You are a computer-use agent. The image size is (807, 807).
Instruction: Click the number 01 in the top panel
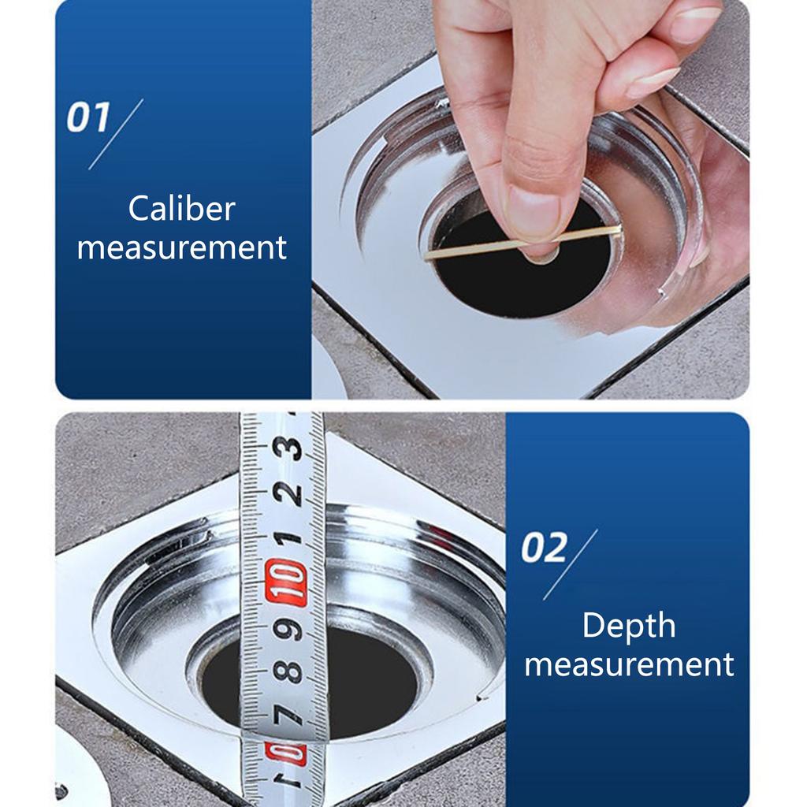pos(87,119)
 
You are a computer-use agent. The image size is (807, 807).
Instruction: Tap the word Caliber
pos(182,209)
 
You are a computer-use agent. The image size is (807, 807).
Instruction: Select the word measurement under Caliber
pos(182,247)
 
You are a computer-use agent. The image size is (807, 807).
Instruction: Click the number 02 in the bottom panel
pos(544,549)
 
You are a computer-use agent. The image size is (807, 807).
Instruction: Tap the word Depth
pos(628,626)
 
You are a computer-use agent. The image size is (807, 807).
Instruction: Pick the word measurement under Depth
pos(628,664)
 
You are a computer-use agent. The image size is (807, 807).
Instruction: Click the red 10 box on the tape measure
pos(286,583)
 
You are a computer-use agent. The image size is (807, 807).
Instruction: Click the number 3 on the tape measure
pos(287,448)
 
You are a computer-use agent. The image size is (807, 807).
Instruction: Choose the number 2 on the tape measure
pos(288,494)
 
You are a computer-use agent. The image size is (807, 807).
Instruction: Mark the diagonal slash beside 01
pos(115,134)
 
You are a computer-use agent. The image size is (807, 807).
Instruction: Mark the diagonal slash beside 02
pos(570,564)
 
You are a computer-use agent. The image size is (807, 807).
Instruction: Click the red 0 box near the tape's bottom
pos(285,753)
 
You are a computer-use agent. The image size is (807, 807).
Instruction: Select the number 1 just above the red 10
pos(288,538)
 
